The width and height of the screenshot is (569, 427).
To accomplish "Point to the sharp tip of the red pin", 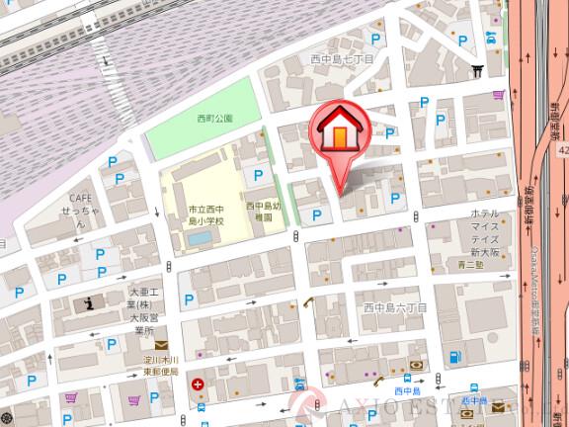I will coord(341,192).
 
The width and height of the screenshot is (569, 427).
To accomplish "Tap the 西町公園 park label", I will coord(213,119).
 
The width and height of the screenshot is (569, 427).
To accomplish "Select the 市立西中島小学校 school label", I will coord(207,214).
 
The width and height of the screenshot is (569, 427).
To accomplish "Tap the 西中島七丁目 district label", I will coord(341,58).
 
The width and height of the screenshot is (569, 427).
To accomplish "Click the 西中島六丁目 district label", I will coord(395,308).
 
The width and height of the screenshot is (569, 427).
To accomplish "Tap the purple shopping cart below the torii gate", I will coord(497,95).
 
